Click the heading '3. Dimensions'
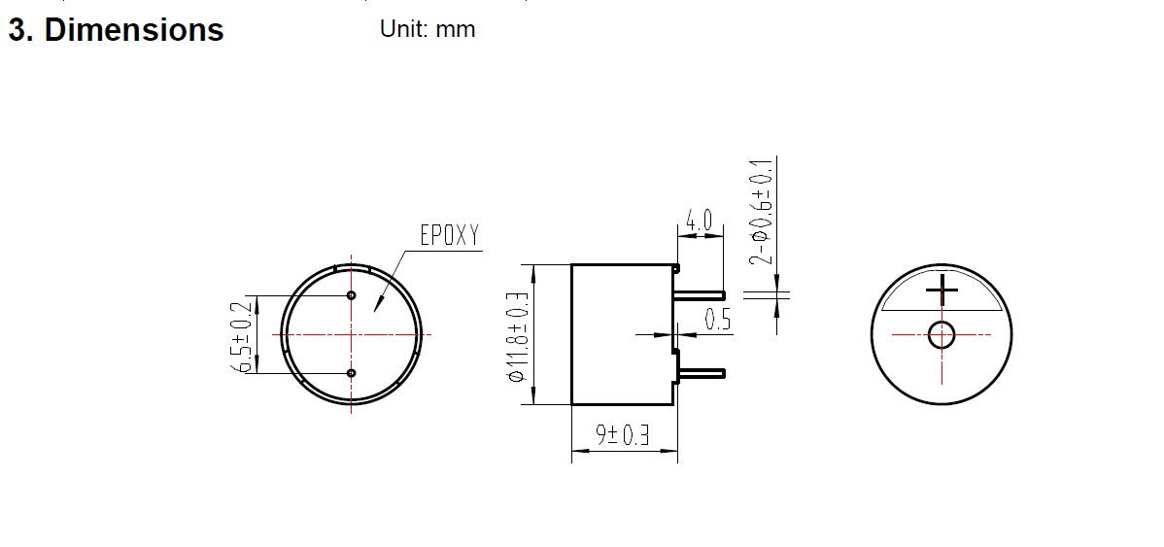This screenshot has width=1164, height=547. coord(116,30)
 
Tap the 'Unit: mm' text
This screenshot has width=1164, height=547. coord(428,29)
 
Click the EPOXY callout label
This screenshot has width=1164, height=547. coord(450,235)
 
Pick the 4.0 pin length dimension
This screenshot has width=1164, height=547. coord(699,220)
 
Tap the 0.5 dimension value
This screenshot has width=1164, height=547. coord(718,319)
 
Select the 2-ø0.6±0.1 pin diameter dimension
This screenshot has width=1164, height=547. coord(762,212)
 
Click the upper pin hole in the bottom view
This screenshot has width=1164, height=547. coord(352,295)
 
